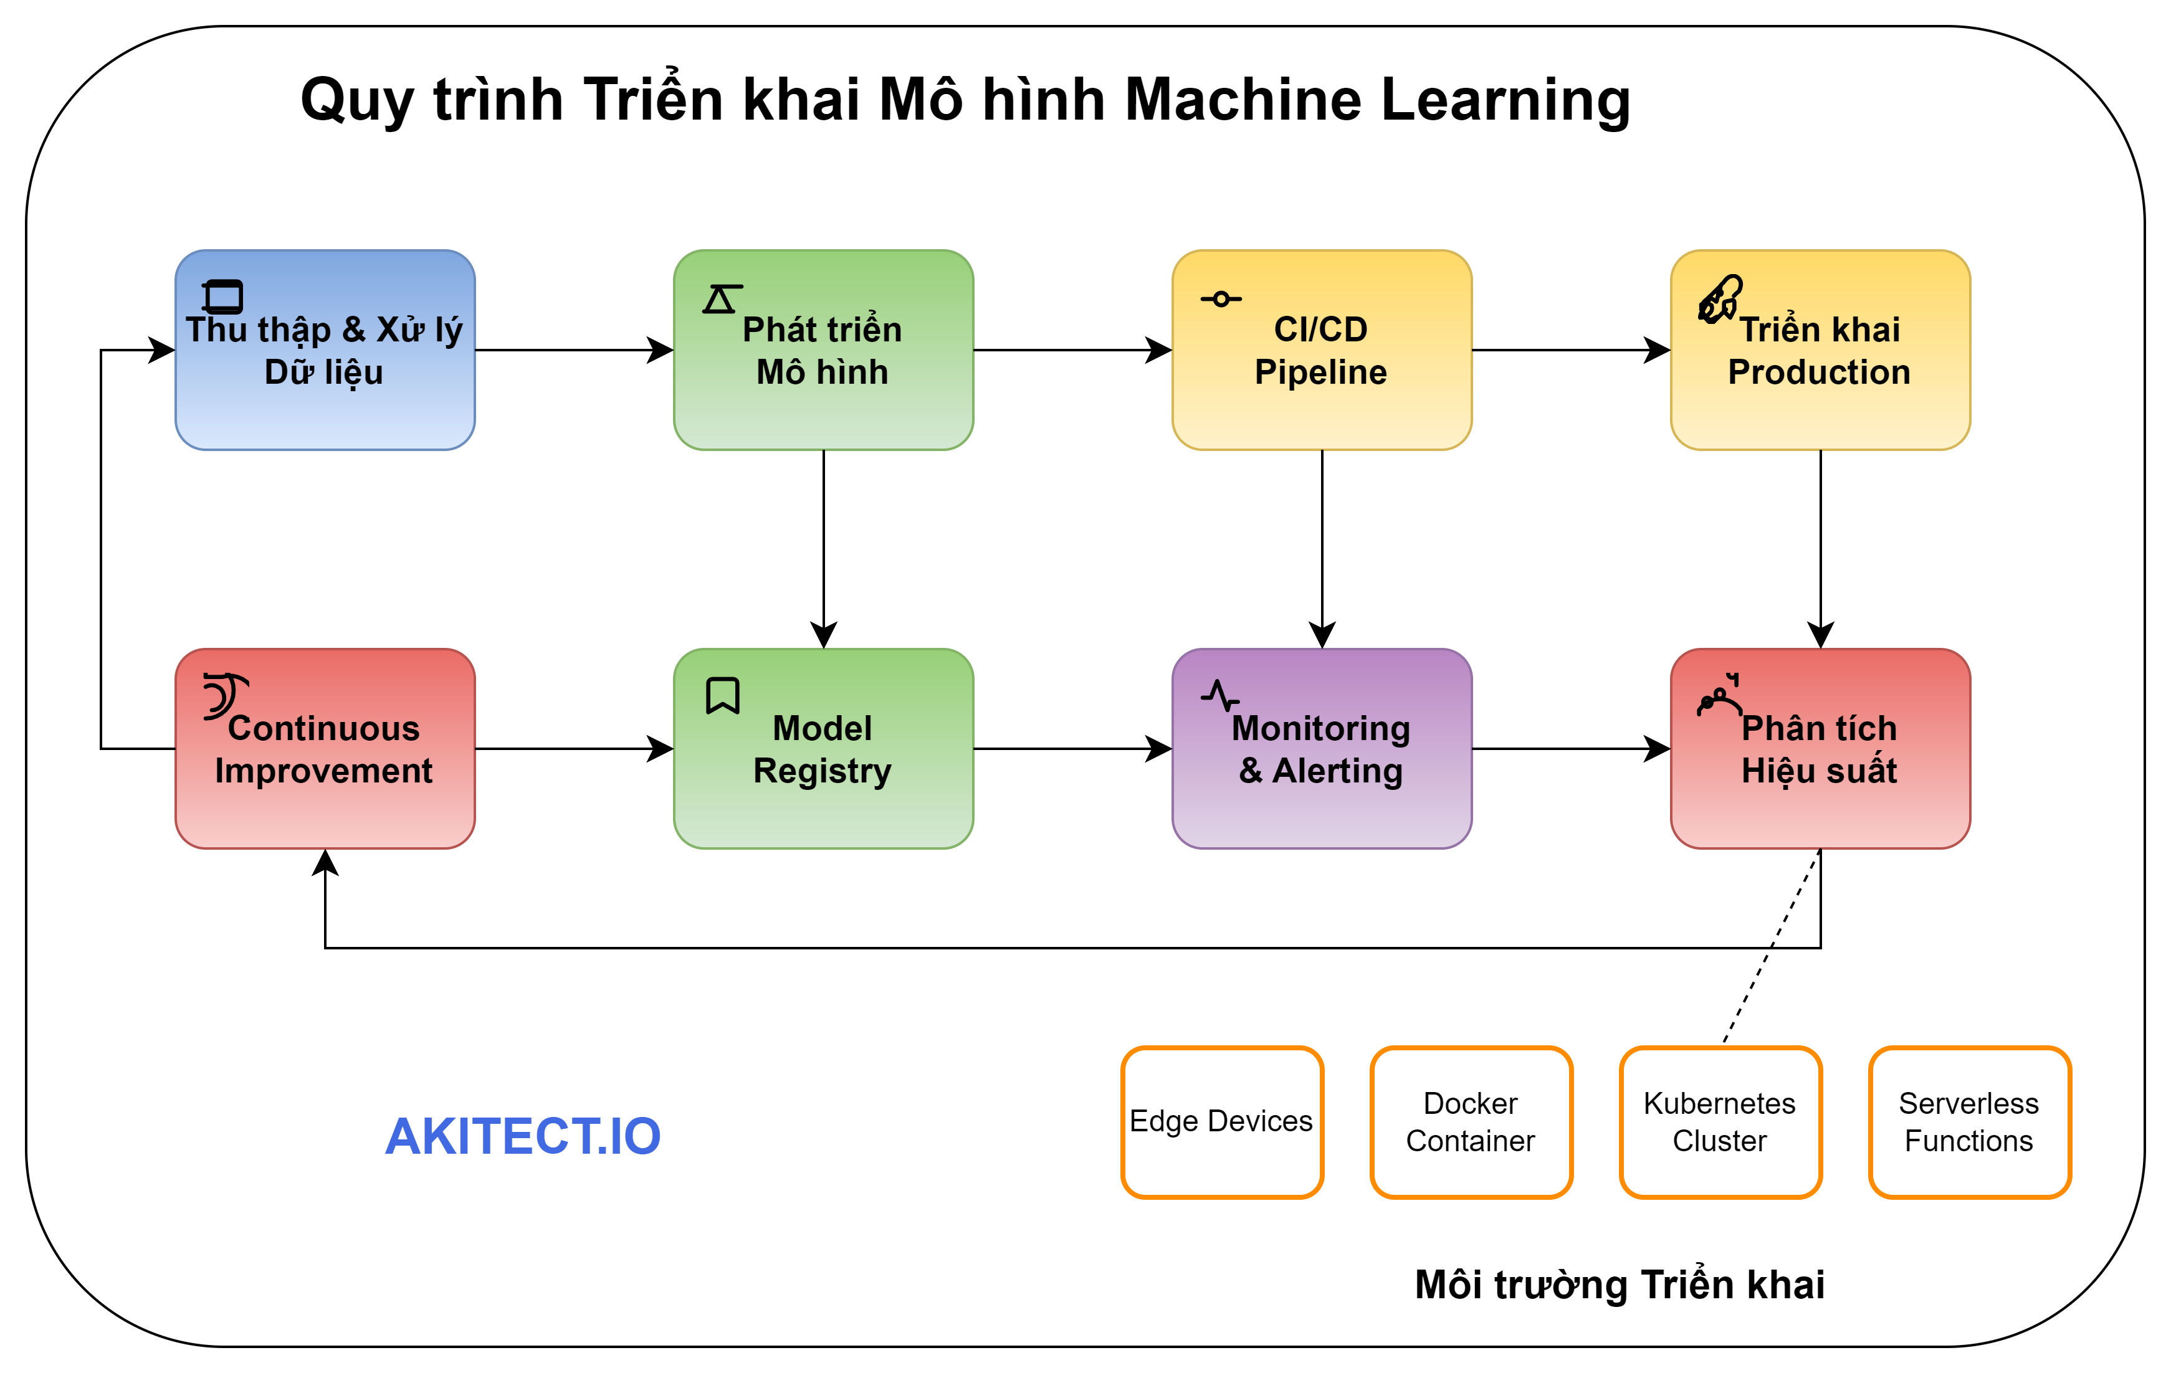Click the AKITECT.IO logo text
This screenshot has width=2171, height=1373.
click(523, 1136)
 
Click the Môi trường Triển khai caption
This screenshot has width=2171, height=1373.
click(1620, 1284)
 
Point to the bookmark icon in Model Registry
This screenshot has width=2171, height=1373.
click(722, 696)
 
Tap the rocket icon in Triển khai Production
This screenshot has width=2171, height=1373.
click(1719, 298)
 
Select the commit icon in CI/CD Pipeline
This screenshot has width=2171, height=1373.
click(1221, 298)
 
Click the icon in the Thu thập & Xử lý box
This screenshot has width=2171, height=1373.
click(222, 297)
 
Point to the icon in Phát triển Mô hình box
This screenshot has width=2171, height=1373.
click(721, 298)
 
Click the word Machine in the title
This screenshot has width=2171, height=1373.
click(1244, 99)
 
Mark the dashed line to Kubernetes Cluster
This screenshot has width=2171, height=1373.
click(1771, 947)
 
